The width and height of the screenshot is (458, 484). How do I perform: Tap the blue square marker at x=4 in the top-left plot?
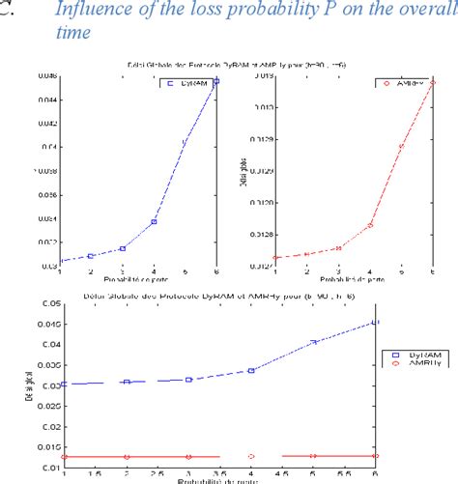click(x=154, y=221)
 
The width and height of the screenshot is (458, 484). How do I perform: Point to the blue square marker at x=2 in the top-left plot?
click(x=90, y=256)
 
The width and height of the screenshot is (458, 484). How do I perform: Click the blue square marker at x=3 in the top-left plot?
click(x=122, y=248)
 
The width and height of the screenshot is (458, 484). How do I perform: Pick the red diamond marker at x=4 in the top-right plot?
click(x=370, y=225)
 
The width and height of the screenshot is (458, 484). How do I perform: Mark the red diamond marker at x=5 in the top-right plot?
click(x=402, y=146)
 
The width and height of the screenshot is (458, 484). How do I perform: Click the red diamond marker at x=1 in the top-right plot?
click(x=274, y=258)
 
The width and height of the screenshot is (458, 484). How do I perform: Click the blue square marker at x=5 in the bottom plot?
click(x=313, y=342)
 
